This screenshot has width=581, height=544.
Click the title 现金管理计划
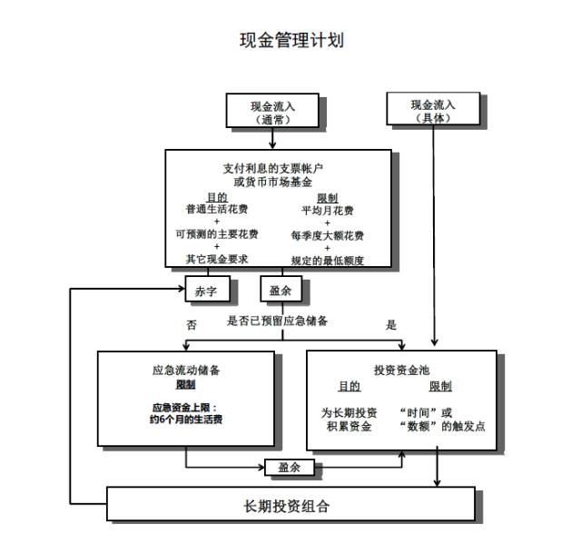[x=291, y=40]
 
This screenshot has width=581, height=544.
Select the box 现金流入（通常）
[x=272, y=111]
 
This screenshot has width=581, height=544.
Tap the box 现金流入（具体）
[x=433, y=109]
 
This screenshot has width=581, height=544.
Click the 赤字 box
[x=208, y=289]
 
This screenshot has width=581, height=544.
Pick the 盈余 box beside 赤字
[x=281, y=289]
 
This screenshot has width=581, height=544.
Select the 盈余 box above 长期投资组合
[x=290, y=468]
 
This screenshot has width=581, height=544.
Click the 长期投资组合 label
[x=287, y=506]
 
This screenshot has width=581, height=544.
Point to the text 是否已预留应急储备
[x=277, y=321]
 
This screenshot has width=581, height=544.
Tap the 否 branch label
[x=192, y=325]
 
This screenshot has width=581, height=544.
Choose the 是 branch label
[x=391, y=325]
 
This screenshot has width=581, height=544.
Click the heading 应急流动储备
[x=186, y=371]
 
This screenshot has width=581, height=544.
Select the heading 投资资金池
[x=401, y=371]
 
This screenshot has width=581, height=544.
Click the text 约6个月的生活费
[x=186, y=420]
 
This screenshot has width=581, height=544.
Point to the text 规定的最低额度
[x=328, y=261]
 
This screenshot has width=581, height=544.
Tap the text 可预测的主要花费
[x=217, y=234]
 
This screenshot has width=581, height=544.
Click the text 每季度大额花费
[x=328, y=236]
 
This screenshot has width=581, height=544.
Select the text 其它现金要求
[x=217, y=259]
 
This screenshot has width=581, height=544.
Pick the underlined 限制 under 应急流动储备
[x=185, y=385]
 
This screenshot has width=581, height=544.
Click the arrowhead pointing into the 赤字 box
[x=182, y=289]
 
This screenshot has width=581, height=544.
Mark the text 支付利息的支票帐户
[x=272, y=169]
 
